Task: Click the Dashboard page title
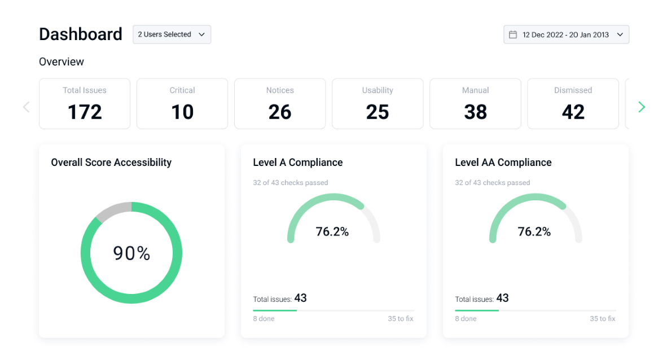[x=80, y=34]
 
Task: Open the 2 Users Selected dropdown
[x=172, y=34]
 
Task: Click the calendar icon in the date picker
[x=513, y=34]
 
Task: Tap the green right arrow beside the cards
[x=641, y=107]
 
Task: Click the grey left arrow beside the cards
[x=26, y=107]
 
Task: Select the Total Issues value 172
[x=85, y=112]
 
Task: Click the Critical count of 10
[x=182, y=112]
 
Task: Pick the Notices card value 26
[x=280, y=112]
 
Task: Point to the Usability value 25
[x=378, y=112]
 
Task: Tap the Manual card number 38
[x=475, y=112]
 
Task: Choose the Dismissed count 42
[x=573, y=112]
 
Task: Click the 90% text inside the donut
[x=131, y=253]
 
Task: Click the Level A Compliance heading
[x=297, y=163]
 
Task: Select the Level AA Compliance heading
[x=503, y=163]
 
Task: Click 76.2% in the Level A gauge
[x=332, y=231]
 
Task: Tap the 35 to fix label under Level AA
[x=603, y=319]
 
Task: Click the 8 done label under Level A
[x=264, y=319]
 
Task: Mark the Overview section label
[x=62, y=62]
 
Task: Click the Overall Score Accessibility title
[x=111, y=163]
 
